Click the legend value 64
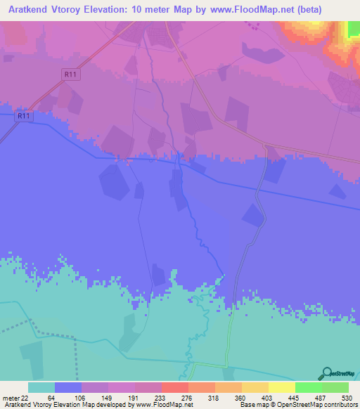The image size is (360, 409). [51, 398]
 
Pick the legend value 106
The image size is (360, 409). [78, 398]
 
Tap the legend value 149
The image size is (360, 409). [105, 398]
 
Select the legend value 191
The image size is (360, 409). [132, 398]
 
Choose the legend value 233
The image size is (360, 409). [159, 398]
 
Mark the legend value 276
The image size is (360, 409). [186, 398]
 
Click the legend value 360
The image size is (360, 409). [240, 398]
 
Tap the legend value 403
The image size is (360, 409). [266, 398]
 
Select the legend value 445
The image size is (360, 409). [293, 398]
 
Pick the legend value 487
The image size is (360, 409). [320, 398]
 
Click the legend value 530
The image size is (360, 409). [347, 398]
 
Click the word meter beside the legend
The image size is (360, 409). [11, 398]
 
